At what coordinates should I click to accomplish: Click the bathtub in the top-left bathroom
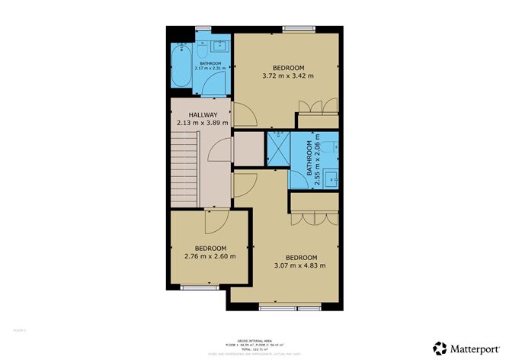183,68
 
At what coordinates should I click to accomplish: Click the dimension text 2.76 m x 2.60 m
210,256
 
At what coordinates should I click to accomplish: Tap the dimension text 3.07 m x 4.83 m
299,265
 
